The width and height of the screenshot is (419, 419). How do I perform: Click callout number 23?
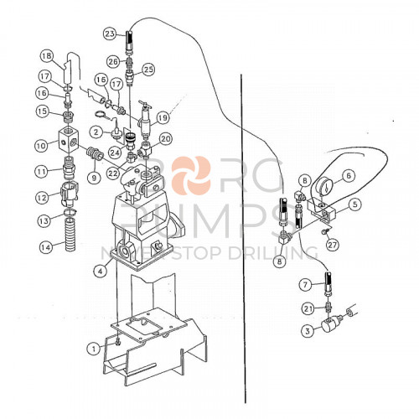point(110,34)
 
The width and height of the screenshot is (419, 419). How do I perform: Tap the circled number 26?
point(112,60)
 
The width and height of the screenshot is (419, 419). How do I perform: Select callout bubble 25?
point(148,69)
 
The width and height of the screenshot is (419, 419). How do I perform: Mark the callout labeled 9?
point(94,177)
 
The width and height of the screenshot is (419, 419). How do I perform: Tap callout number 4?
point(100,270)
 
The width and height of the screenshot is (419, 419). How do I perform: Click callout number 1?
point(94,347)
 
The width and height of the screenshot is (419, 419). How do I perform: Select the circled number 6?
point(349,175)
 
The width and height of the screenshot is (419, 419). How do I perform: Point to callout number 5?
point(355,204)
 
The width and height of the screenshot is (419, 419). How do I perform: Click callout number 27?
point(332,245)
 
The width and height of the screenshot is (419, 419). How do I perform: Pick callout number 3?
point(308,331)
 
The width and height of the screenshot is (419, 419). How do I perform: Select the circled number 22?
point(112,173)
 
